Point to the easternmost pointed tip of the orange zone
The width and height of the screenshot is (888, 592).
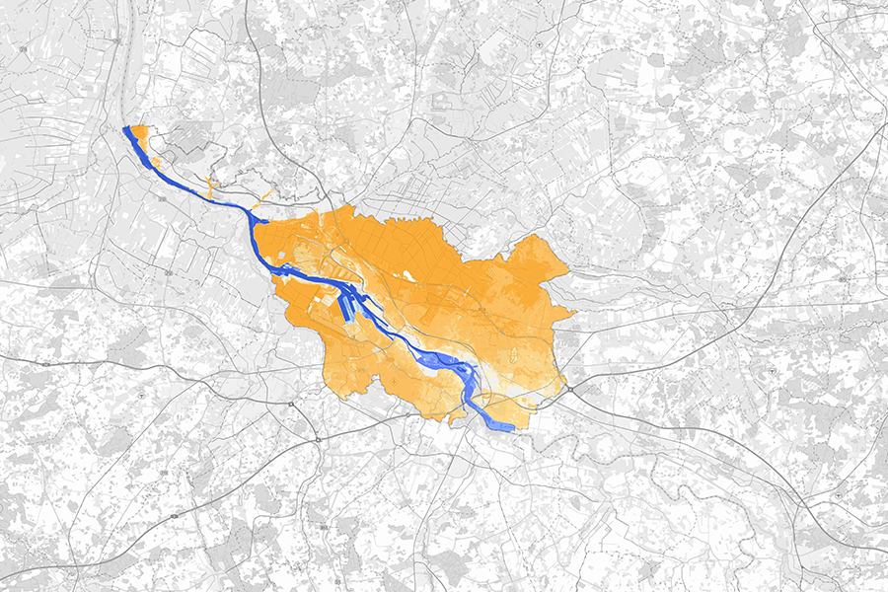(575, 314)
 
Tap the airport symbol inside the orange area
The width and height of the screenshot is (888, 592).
(395, 380)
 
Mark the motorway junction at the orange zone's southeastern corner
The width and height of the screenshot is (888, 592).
(569, 392)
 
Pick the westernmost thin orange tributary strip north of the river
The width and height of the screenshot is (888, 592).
(209, 185)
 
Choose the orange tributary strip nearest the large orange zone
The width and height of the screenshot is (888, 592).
(266, 198)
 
